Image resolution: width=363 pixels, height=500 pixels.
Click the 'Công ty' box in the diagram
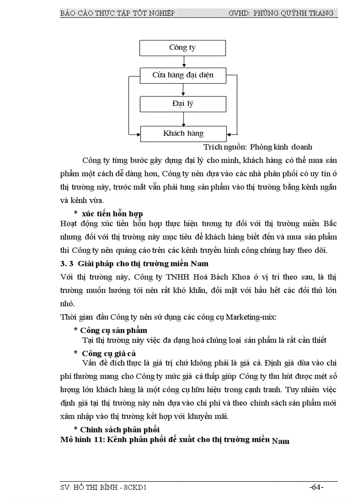point(182,48)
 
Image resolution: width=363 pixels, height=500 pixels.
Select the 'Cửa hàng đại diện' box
point(182,75)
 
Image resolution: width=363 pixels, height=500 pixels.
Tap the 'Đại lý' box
point(182,104)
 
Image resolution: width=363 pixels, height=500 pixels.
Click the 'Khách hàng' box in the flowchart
point(183,133)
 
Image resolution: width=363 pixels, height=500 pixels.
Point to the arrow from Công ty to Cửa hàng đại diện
point(183,61)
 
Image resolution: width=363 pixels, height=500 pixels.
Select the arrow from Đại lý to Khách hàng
point(183,119)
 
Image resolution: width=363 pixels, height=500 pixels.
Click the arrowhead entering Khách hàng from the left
point(137,134)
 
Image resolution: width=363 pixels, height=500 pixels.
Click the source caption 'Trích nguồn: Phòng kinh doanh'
point(258,147)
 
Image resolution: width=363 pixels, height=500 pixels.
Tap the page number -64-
point(316,488)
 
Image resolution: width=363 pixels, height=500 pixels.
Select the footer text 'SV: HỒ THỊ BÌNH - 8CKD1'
point(103,488)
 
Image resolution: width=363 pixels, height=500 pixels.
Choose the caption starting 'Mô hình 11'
point(174,440)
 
